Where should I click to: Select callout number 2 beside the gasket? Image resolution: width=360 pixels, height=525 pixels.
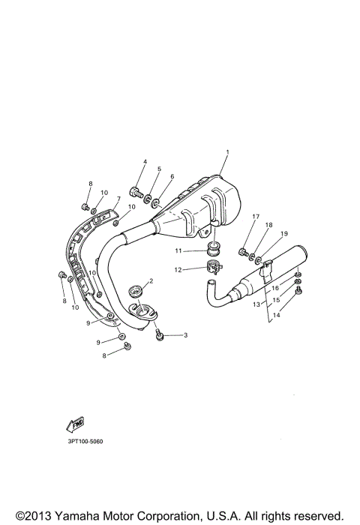click(151, 280)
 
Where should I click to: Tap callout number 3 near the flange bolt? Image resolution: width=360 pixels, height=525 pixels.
click(185, 335)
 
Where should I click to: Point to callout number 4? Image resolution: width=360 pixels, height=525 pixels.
click(145, 162)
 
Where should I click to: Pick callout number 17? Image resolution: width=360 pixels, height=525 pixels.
click(256, 217)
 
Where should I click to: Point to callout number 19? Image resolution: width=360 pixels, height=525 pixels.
click(284, 234)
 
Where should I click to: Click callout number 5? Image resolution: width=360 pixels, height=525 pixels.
click(159, 169)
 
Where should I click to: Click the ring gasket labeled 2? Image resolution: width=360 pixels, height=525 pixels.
click(137, 289)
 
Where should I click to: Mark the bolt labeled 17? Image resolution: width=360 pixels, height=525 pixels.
click(243, 252)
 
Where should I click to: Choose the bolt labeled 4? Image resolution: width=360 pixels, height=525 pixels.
click(136, 190)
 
